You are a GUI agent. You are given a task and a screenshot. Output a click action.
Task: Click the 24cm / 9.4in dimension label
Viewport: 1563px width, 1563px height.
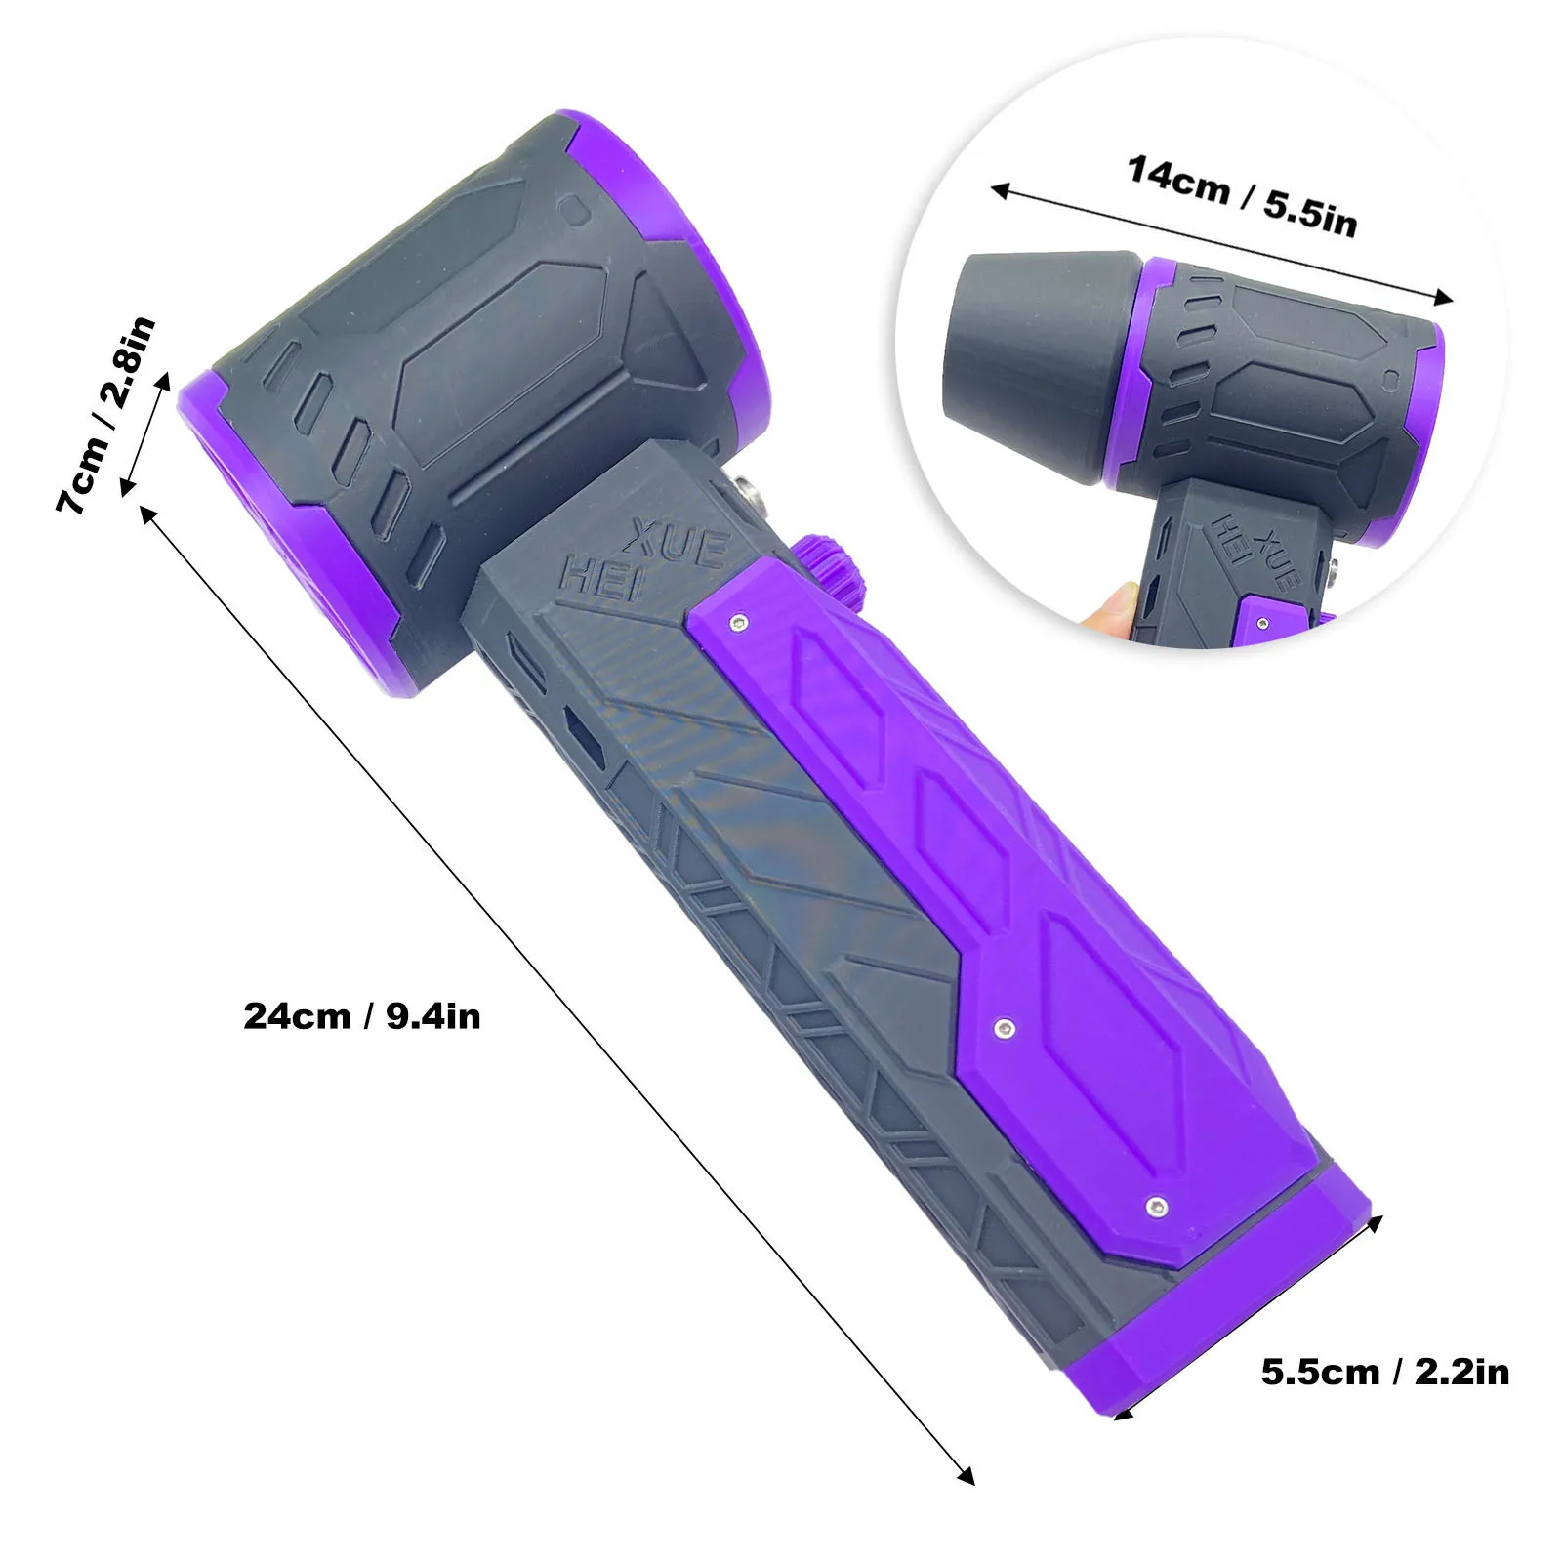(x=362, y=1016)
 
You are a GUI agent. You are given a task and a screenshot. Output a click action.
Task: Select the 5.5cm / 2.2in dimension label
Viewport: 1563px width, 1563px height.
(x=1384, y=1372)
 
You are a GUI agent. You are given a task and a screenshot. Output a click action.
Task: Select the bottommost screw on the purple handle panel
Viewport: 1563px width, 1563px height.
(x=1157, y=1207)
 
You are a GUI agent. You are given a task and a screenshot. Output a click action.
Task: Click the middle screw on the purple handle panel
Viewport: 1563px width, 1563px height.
(x=1005, y=1027)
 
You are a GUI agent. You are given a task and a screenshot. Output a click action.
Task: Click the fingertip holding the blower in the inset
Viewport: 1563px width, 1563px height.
(x=1108, y=610)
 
